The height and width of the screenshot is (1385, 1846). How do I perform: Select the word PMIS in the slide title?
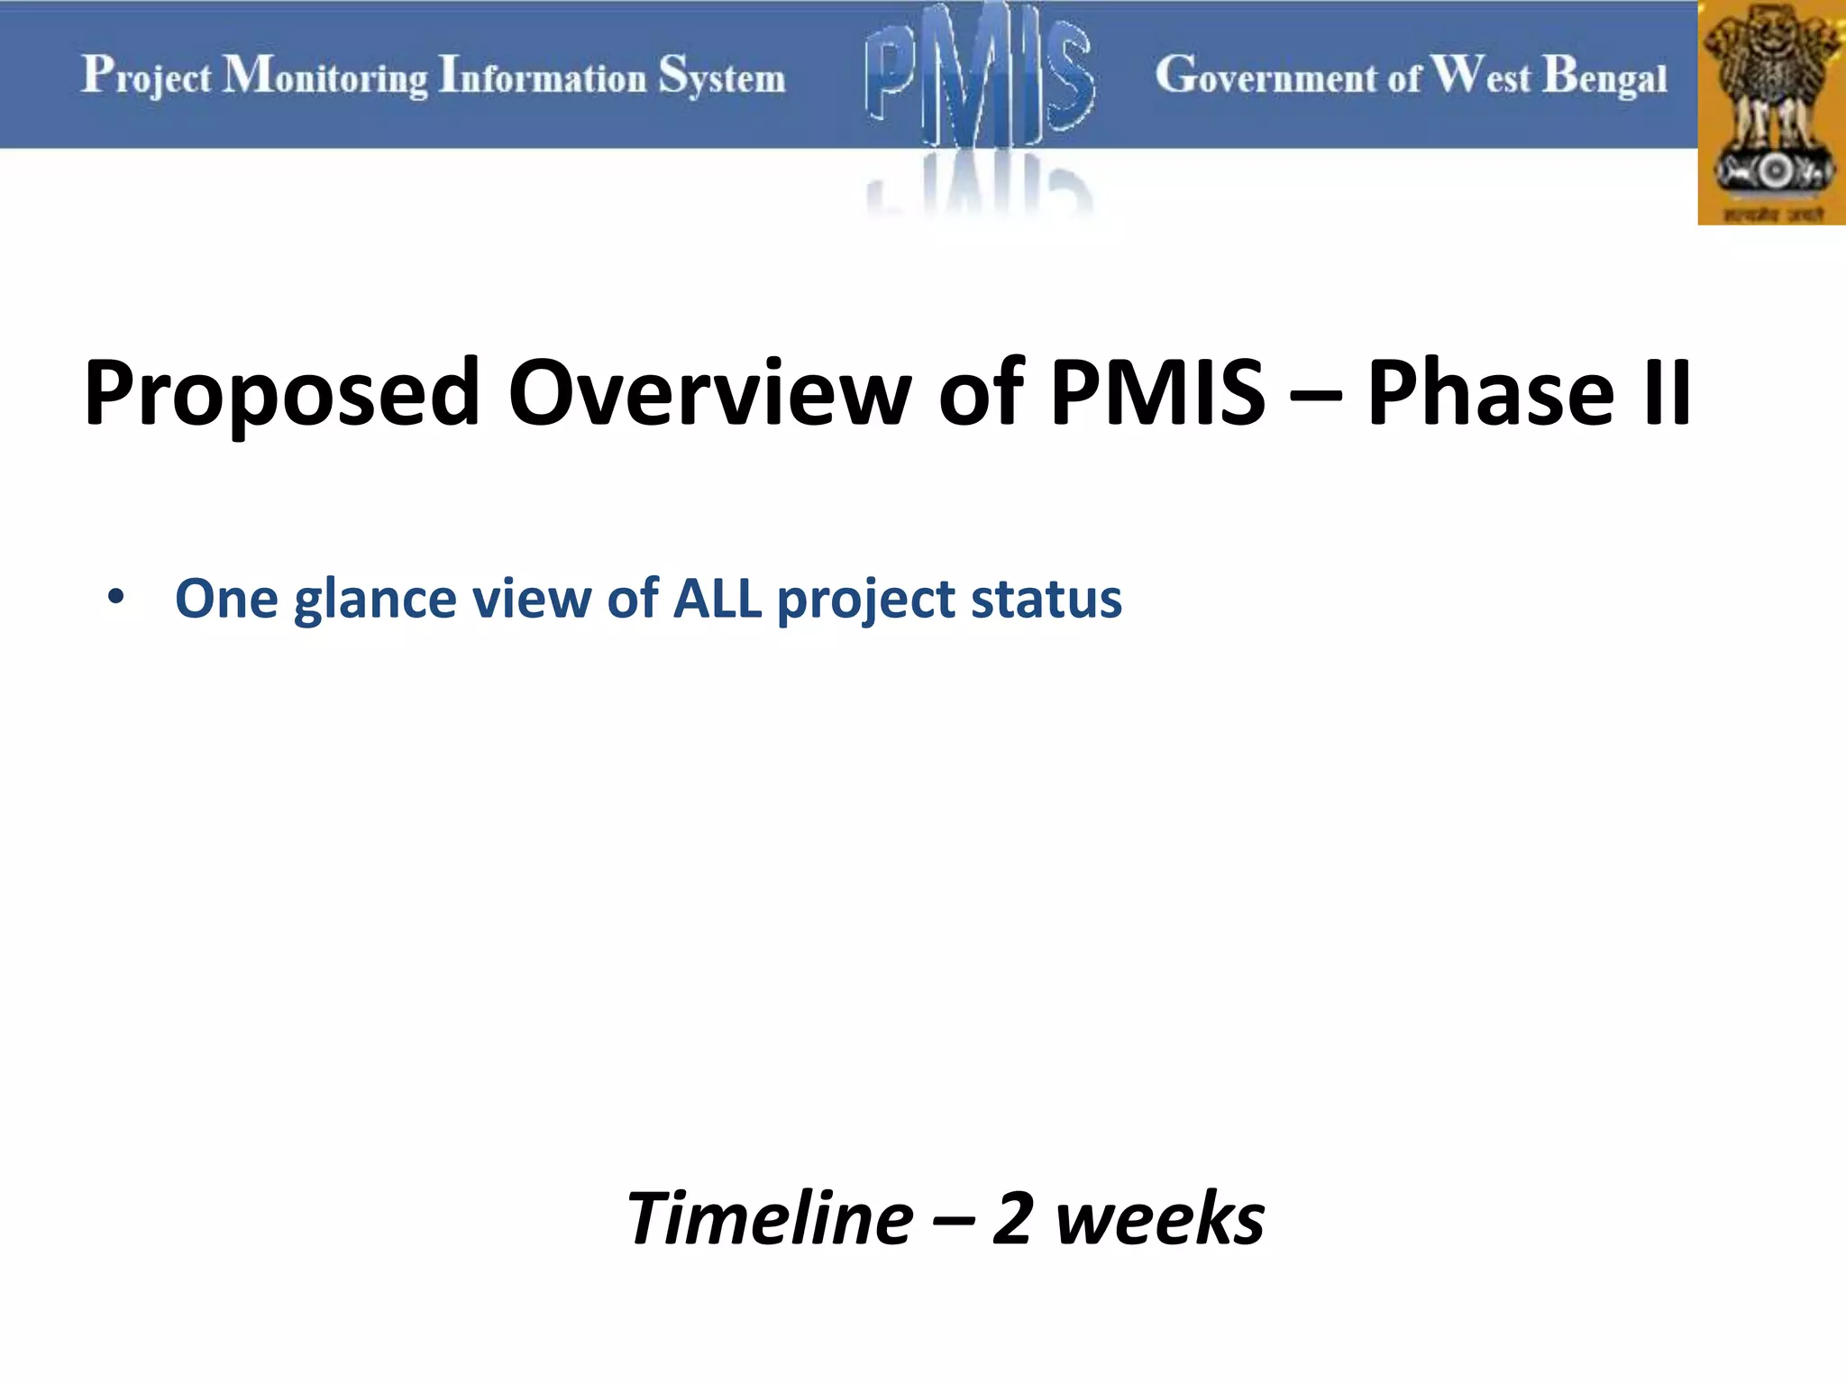[x=1158, y=393]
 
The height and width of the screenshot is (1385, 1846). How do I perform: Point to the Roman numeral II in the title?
[x=1667, y=393]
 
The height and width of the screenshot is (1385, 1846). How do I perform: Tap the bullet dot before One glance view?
[x=115, y=598]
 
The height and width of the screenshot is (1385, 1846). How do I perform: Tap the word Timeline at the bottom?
[x=770, y=1218]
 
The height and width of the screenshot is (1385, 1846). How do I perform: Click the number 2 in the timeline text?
[x=1011, y=1218]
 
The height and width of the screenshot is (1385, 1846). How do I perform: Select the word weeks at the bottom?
[x=1160, y=1218]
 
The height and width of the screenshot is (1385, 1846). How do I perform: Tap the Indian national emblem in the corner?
[x=1771, y=113]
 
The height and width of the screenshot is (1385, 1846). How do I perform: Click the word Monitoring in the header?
[x=325, y=76]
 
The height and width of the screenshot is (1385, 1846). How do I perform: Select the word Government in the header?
[x=1267, y=76]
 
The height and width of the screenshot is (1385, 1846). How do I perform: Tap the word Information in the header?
[x=543, y=76]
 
